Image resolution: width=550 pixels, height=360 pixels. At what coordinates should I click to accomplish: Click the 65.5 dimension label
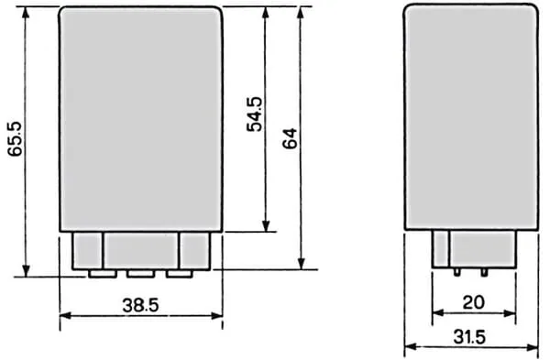(15, 139)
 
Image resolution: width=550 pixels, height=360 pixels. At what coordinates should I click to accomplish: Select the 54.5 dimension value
(254, 115)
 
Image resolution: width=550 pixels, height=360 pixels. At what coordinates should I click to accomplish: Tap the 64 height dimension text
(290, 139)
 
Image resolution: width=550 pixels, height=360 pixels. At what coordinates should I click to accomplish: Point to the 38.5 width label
(140, 305)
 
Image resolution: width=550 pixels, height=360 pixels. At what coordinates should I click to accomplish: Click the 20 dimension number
(474, 302)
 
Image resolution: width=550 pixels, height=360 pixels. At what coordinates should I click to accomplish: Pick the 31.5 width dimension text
(469, 337)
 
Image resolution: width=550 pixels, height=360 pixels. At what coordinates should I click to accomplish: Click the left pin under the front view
(103, 274)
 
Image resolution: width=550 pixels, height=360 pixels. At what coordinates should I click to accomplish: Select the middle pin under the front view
(140, 274)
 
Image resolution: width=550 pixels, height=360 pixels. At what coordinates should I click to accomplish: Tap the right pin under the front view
(180, 274)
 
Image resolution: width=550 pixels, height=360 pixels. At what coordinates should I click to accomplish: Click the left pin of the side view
(456, 272)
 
